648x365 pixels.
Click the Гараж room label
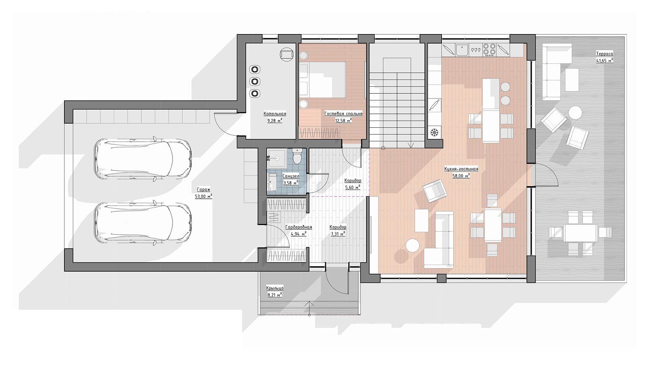[x=204, y=189]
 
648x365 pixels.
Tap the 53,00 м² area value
[x=204, y=196]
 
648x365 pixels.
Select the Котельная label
[x=275, y=114]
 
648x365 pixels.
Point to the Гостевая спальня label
[x=343, y=114]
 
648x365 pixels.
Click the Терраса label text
[x=605, y=54]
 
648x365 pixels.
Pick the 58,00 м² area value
[x=461, y=176]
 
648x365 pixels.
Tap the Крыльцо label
[x=275, y=288]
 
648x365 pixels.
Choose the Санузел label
[x=291, y=176]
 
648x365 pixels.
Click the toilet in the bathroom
[x=297, y=156]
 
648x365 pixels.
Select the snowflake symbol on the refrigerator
[x=434, y=133]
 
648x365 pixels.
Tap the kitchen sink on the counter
[x=462, y=50]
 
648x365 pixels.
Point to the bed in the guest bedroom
[x=322, y=79]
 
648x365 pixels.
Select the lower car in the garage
[x=143, y=223]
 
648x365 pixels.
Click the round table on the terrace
[x=575, y=113]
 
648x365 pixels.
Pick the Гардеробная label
[x=298, y=227]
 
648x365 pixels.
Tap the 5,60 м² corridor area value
[x=353, y=187]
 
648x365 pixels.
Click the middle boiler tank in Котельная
[x=255, y=82]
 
